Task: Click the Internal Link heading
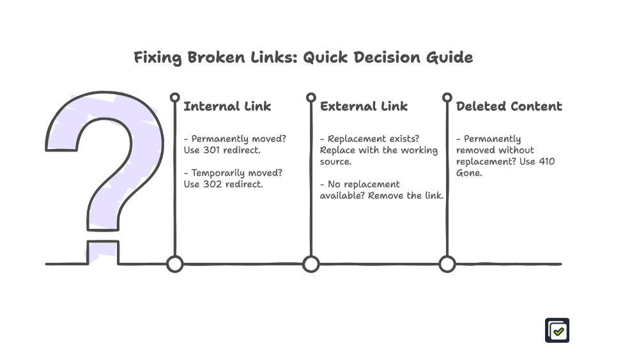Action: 227,106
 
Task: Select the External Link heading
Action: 364,106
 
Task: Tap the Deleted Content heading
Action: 509,106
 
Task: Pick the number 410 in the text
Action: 546,161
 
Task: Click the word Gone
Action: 468,173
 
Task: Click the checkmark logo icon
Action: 557,331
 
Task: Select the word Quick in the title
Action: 325,57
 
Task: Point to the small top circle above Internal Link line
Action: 174,97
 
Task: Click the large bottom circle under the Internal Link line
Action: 174,263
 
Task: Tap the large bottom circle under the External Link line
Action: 311,263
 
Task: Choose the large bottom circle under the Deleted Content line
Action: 447,263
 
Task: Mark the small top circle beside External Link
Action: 311,97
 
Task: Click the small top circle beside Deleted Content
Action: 447,97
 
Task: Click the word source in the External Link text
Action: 335,161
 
